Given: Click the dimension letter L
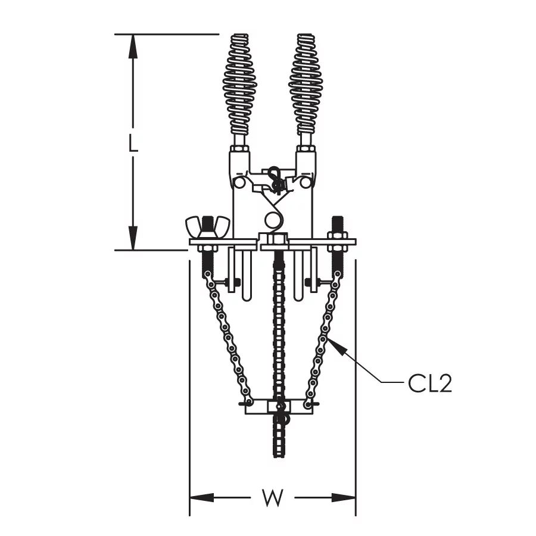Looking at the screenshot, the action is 133,143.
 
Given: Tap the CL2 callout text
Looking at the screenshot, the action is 429,383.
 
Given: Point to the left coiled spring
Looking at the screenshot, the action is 240,84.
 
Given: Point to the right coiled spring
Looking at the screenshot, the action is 306,84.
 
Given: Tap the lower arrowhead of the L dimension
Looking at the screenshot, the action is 133,238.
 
